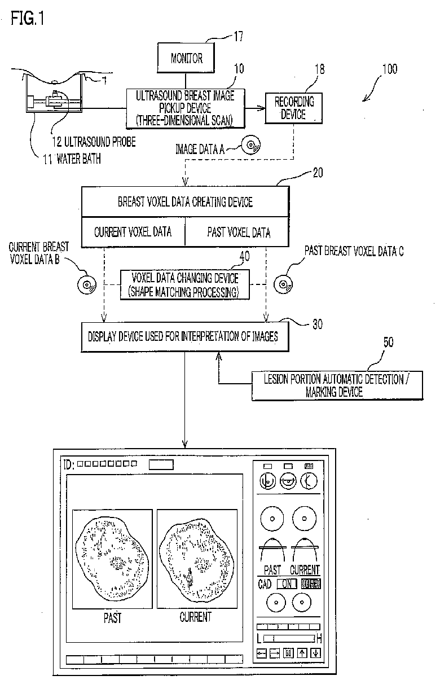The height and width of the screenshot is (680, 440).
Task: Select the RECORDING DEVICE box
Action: (294, 108)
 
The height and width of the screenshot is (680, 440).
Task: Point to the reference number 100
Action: (389, 69)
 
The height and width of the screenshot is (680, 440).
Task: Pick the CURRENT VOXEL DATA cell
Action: (133, 232)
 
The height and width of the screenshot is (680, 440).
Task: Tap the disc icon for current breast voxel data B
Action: (86, 284)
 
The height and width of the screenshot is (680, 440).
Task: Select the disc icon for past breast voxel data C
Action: (281, 284)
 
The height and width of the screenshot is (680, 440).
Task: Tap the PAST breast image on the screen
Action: (112, 558)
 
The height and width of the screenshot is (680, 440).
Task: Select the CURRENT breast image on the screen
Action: (195, 558)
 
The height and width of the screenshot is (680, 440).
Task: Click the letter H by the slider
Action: (319, 638)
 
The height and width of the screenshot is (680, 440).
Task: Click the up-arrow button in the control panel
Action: (302, 653)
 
